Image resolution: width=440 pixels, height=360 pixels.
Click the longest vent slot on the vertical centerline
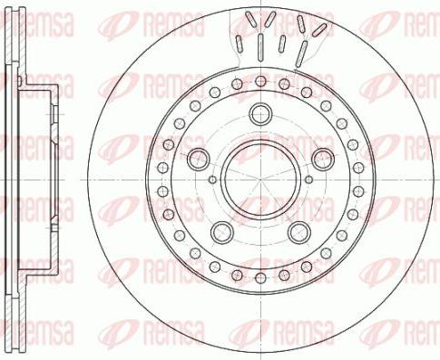pyautogui.click(x=260, y=45)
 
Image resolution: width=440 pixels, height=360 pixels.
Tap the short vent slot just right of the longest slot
pyautogui.click(x=281, y=43)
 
